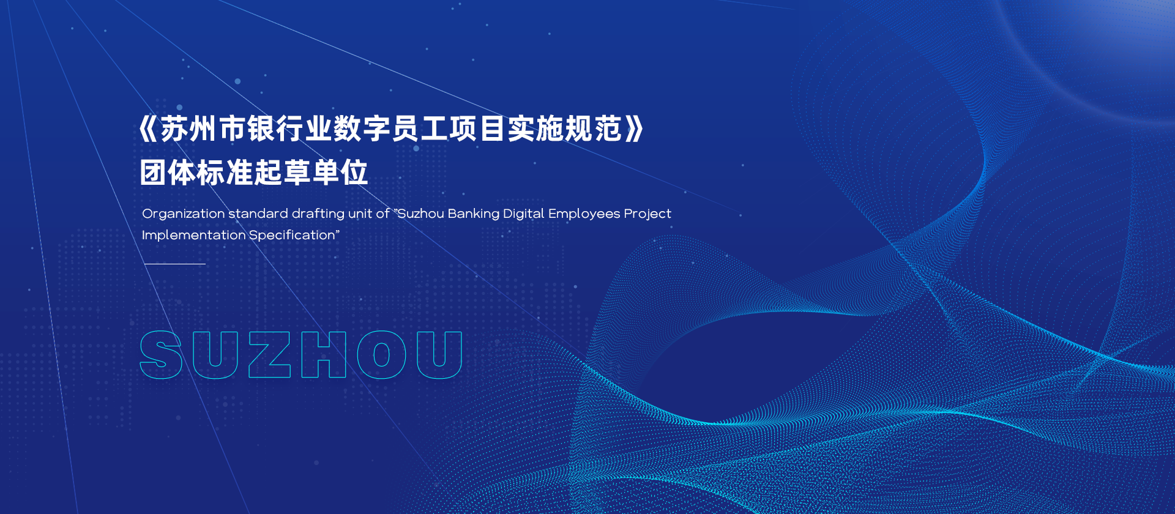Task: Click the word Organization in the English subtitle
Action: (184, 214)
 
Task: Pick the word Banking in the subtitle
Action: (474, 214)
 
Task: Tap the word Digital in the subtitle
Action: (524, 214)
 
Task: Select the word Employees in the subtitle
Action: (584, 214)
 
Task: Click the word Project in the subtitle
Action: (647, 214)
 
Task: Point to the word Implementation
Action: (193, 236)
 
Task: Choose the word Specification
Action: (292, 236)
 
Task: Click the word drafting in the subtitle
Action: (318, 214)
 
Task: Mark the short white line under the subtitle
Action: (175, 264)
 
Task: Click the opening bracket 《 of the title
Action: (149, 128)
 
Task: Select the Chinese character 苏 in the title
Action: (174, 128)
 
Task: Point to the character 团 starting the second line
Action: (153, 173)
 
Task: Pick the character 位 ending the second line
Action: (354, 173)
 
